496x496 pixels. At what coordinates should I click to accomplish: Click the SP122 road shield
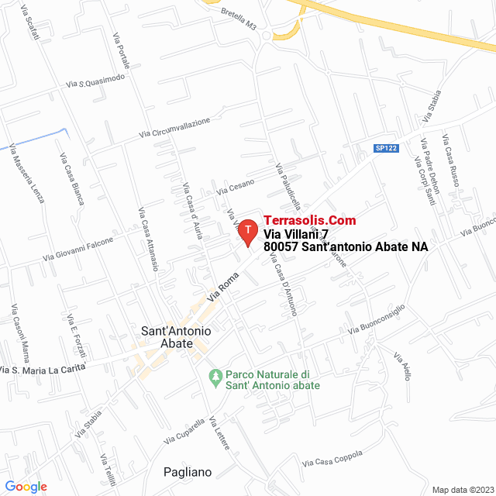386,148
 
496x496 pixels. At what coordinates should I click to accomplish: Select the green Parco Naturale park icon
215,377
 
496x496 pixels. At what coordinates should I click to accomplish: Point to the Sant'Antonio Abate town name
176,337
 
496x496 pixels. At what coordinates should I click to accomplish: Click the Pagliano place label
188,472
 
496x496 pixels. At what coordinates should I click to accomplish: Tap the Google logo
26,487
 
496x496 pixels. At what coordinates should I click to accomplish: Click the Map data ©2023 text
462,490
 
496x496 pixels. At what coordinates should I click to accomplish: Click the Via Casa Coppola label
332,460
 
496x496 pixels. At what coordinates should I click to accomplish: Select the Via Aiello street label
401,367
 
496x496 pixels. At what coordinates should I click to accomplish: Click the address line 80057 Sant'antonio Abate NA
346,246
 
